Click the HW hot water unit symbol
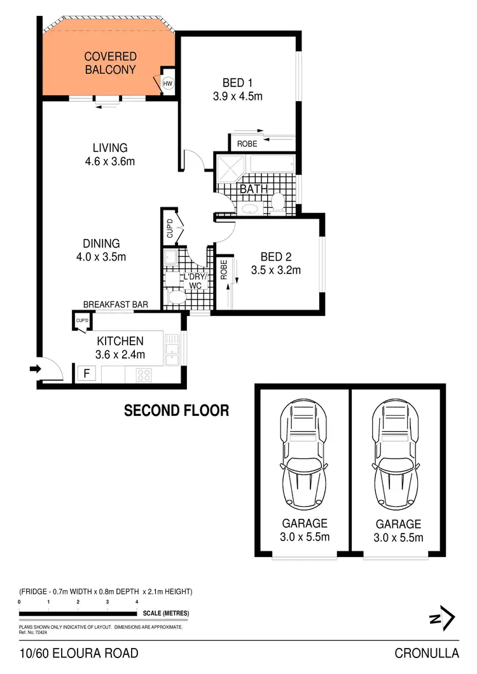[168, 83]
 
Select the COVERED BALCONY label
[110, 64]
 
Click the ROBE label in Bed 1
[247, 144]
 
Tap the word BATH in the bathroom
[253, 189]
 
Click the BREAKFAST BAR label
[115, 305]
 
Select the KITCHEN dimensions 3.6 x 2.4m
[120, 355]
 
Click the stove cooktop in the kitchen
[143, 375]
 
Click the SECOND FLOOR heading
[176, 411]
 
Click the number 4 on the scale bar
[137, 602]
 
